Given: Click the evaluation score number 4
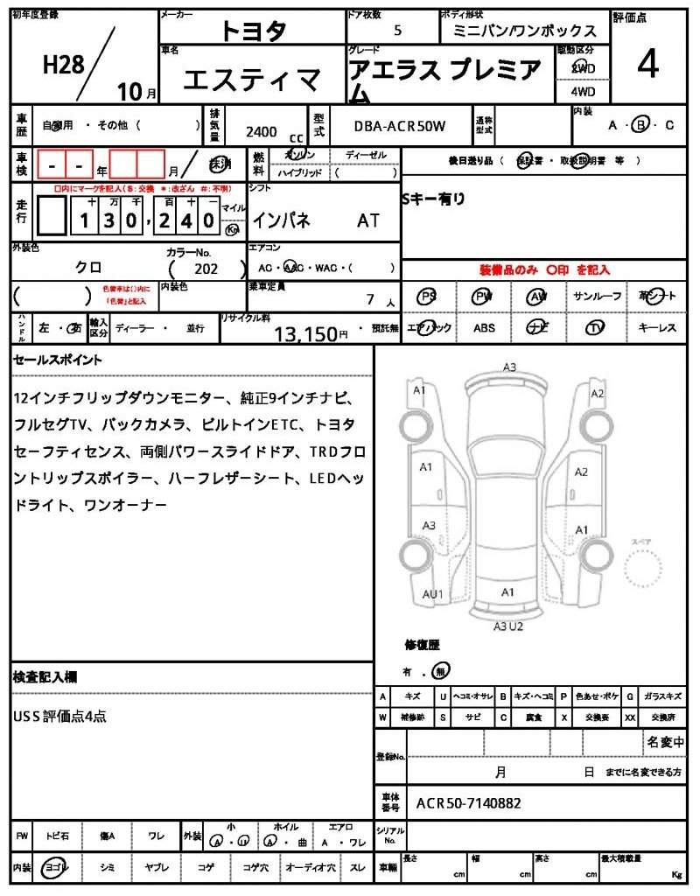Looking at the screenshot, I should [647, 65].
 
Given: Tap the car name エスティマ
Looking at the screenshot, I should [252, 81].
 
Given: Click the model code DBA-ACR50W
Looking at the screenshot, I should [399, 126].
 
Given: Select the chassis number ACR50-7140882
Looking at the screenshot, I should [469, 801].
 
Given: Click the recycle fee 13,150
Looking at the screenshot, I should [305, 333].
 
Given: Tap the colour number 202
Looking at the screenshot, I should [206, 269].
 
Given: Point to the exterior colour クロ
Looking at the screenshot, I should [87, 269].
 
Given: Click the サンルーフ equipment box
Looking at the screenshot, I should [598, 297].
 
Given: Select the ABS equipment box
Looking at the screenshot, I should [484, 328].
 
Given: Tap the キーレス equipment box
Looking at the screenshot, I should [656, 328].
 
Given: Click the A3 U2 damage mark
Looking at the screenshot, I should [507, 626].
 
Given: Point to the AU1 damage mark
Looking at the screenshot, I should [433, 594].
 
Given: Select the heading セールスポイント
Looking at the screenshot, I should [58, 360].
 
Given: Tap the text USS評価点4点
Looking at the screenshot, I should [60, 716].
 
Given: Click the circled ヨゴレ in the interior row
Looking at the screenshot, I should [56, 866].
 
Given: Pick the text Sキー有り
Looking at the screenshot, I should [433, 199].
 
